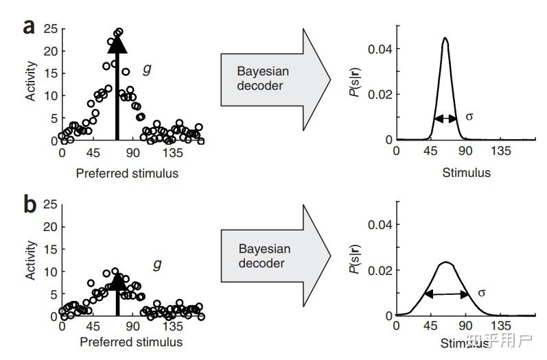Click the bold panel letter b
(30, 204)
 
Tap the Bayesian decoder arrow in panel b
(270, 255)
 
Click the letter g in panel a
(148, 69)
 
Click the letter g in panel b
(156, 264)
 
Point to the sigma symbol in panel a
(469, 117)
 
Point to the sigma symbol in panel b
(481, 293)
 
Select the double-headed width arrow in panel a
(445, 118)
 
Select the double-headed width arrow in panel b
(446, 294)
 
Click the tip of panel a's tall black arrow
(117, 38)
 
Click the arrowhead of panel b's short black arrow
(117, 280)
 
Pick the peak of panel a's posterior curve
(445, 39)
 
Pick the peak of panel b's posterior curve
(445, 262)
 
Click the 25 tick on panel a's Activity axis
(49, 29)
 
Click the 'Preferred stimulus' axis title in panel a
(127, 173)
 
